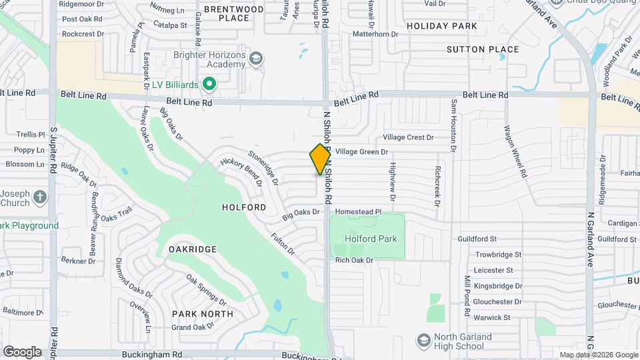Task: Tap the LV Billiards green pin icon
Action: point(209,84)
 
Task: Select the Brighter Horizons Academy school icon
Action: point(255,60)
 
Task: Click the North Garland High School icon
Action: point(423,341)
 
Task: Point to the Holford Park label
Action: point(371,239)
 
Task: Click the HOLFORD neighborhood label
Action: point(244,207)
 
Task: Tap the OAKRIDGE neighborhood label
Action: point(192,249)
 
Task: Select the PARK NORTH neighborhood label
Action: point(203,313)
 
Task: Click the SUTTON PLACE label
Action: point(483,49)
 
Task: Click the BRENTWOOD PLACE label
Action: point(233,13)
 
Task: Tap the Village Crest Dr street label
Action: point(408,137)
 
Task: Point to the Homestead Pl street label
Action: point(358,211)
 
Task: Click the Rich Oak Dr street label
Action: point(354,260)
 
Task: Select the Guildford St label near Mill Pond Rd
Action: point(477,239)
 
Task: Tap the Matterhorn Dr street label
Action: point(375,33)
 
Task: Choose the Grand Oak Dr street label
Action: point(192,327)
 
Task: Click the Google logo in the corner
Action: point(22,351)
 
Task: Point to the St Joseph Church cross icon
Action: point(40,197)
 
